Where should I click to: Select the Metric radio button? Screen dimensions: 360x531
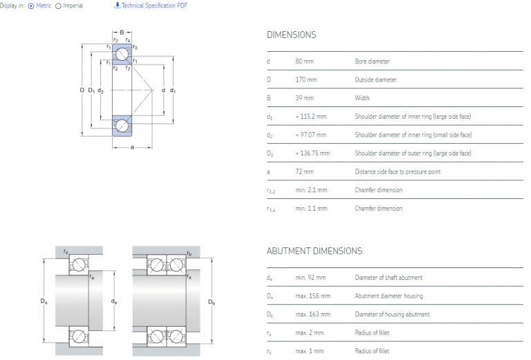[30, 6]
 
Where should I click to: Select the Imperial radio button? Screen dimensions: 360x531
[58, 6]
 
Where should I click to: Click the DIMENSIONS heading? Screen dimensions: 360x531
[291, 35]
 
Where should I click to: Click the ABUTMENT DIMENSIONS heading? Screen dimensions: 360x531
[314, 251]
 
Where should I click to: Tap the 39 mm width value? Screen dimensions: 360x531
[304, 98]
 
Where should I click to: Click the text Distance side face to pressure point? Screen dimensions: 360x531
[397, 171]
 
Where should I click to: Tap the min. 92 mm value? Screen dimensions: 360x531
[310, 278]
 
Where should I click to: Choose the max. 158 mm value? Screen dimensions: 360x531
[313, 296]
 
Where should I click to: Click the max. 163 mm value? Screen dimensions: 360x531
[313, 314]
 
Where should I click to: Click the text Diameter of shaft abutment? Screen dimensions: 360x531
[388, 278]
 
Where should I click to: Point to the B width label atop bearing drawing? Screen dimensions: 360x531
[122, 32]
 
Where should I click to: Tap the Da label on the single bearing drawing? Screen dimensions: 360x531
[44, 302]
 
